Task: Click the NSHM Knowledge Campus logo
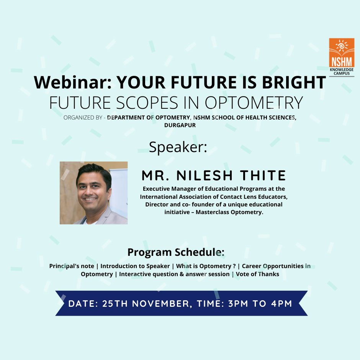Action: tap(342, 57)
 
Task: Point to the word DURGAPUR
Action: tap(180, 125)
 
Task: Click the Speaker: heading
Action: tap(178, 147)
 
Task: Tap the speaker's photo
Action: tap(94, 193)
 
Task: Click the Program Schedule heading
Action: tap(176, 252)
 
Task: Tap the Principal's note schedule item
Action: tap(72, 266)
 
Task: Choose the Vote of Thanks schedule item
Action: tap(257, 274)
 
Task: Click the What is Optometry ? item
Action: tap(206, 266)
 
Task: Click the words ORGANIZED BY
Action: tap(83, 118)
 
